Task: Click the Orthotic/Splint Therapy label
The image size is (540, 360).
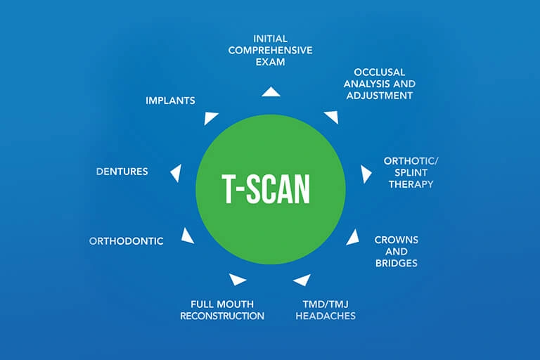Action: (x=409, y=172)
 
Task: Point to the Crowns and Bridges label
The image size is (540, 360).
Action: (x=396, y=251)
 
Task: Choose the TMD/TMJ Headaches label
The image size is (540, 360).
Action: (x=323, y=310)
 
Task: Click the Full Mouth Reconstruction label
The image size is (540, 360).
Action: (x=222, y=310)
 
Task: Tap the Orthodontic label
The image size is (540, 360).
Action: (x=127, y=241)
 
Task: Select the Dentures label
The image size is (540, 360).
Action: (x=122, y=171)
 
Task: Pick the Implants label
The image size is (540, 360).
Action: (x=170, y=101)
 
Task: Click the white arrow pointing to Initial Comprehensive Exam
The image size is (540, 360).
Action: (x=270, y=91)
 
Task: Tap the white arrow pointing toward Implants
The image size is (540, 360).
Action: (x=211, y=117)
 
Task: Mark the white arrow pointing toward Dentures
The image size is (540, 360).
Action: (x=176, y=172)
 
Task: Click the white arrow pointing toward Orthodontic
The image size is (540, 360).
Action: (x=187, y=236)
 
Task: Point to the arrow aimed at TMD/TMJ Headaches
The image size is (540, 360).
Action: (x=302, y=279)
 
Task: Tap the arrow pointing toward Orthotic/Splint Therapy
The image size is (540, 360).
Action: (x=366, y=174)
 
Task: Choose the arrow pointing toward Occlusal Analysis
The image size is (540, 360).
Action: (x=330, y=116)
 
